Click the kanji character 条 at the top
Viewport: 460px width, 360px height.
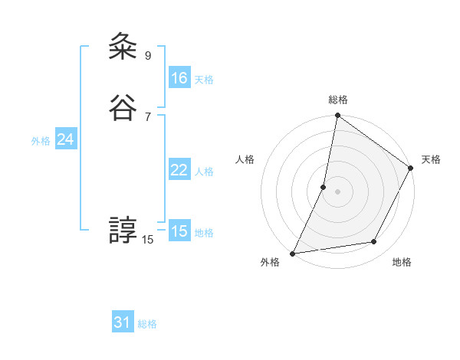coord(123,47)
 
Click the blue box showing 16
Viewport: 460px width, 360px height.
coord(179,78)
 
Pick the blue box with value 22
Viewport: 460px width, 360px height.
coord(179,170)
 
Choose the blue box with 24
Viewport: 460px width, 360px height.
coord(66,139)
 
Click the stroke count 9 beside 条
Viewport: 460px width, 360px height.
coord(148,55)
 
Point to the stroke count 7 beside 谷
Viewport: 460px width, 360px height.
coord(148,116)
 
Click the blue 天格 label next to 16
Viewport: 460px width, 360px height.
coord(204,80)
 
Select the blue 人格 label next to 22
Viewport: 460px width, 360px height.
coord(204,172)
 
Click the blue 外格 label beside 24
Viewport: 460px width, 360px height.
coord(41,141)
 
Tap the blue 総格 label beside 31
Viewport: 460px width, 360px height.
coord(147,324)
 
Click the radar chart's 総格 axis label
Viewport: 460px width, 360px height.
coord(338,100)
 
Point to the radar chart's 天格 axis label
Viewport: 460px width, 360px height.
coord(431,159)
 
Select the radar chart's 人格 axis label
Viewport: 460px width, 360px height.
coord(245,159)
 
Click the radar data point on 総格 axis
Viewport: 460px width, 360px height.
coord(337,116)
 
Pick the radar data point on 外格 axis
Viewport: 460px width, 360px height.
coord(293,254)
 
